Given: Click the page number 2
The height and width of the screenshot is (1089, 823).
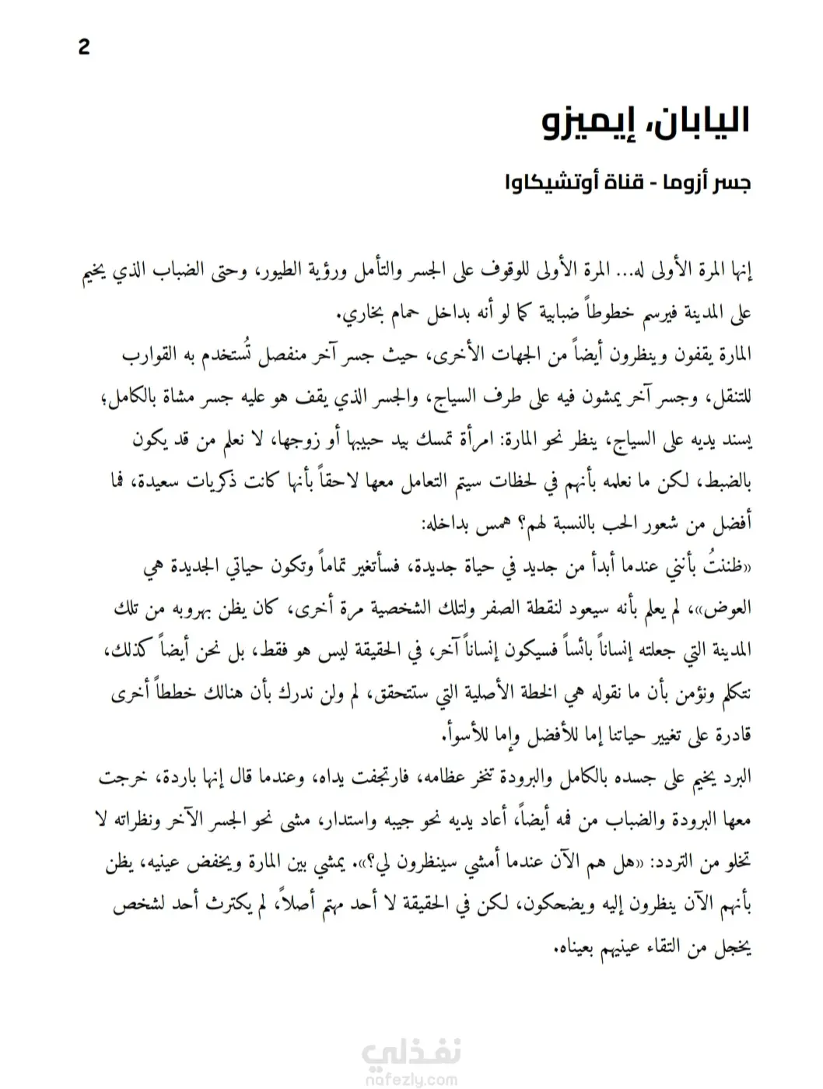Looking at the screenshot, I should tap(84, 47).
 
